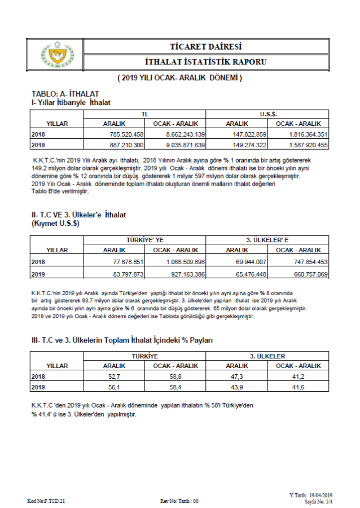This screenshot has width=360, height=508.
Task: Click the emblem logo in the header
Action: pyautogui.click(x=57, y=54)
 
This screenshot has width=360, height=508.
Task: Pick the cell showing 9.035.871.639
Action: pyautogui.click(x=186, y=145)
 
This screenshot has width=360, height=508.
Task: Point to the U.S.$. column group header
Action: pyautogui.click(x=268, y=114)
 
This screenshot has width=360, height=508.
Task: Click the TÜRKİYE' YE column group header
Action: pyautogui.click(x=144, y=240)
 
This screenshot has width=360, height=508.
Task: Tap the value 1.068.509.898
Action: pyautogui.click(x=186, y=262)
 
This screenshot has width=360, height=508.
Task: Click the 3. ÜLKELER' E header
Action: pyautogui.click(x=268, y=240)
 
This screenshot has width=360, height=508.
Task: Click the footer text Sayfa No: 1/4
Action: pyautogui.click(x=319, y=501)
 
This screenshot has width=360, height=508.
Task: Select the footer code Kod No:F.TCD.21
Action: pyautogui.click(x=46, y=501)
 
